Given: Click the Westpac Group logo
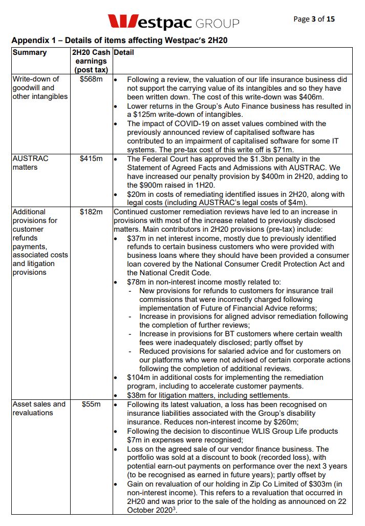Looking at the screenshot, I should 173,22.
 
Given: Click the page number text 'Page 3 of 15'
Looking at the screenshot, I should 314,19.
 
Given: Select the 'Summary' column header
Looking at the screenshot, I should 29,52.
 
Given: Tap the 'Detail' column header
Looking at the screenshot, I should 124,52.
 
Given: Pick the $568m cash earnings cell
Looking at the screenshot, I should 91,79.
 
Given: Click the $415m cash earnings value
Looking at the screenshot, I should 91,159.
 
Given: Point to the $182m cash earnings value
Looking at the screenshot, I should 91,212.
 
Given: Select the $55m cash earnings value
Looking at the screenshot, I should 91,404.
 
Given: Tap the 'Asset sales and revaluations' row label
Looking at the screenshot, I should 39,408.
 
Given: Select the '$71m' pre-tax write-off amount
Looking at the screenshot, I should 283,150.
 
